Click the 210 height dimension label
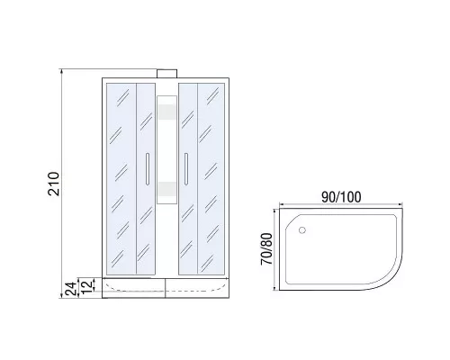pyautogui.click(x=53, y=184)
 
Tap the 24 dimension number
pyautogui.click(x=71, y=289)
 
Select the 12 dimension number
pyautogui.click(x=85, y=287)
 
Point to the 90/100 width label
pyautogui.click(x=341, y=197)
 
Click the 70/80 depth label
pyautogui.click(x=266, y=249)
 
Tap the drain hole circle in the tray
pyautogui.click(x=302, y=230)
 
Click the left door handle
pyautogui.click(x=148, y=169)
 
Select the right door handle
pyautogui.click(x=186, y=169)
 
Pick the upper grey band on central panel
pyautogui.click(x=167, y=112)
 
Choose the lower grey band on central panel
pyautogui.click(x=167, y=189)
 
